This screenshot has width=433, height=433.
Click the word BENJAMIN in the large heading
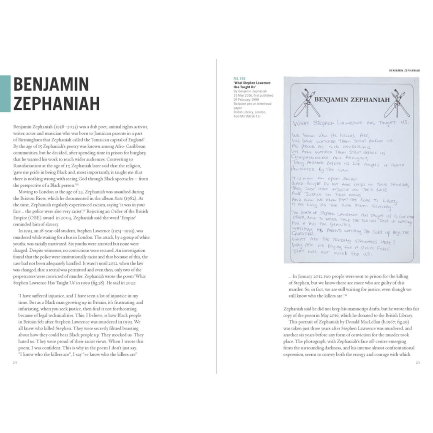(51, 84)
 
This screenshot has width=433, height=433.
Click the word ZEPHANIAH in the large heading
(57, 103)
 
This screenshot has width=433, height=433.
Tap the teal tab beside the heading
(5, 94)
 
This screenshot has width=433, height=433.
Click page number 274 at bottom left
(16, 362)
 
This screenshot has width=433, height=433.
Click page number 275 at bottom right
(417, 362)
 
